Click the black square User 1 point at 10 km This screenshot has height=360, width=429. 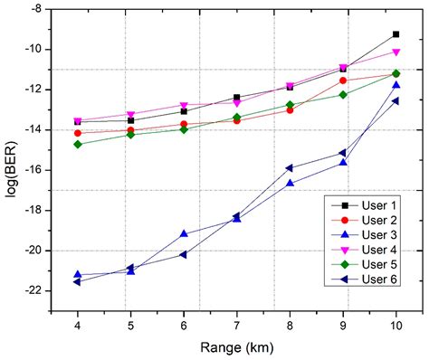[x=396, y=33]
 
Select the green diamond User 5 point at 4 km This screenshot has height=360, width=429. [x=78, y=144]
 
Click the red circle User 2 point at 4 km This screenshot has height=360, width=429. [x=78, y=133]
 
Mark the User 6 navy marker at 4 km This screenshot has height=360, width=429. [x=78, y=282]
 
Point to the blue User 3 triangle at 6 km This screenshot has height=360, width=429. [x=184, y=233]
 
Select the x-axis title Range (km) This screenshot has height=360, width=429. [x=238, y=347]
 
